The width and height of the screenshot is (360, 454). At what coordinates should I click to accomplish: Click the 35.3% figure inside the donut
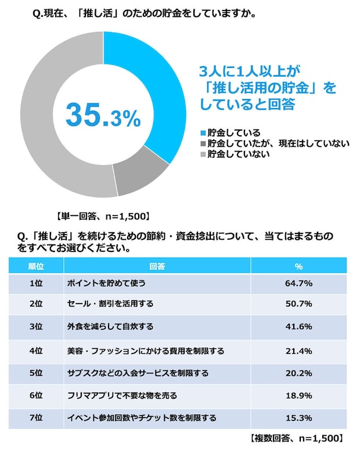pyautogui.click(x=103, y=115)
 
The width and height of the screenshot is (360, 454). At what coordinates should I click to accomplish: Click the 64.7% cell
pyautogui.click(x=298, y=283)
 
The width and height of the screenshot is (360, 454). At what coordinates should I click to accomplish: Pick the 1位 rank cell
pyautogui.click(x=36, y=283)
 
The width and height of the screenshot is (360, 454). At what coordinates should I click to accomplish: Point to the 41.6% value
pyautogui.click(x=298, y=326)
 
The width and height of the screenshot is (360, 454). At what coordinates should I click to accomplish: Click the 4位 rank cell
pyautogui.click(x=36, y=351)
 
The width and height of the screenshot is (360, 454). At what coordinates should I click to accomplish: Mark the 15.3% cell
pyautogui.click(x=298, y=417)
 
